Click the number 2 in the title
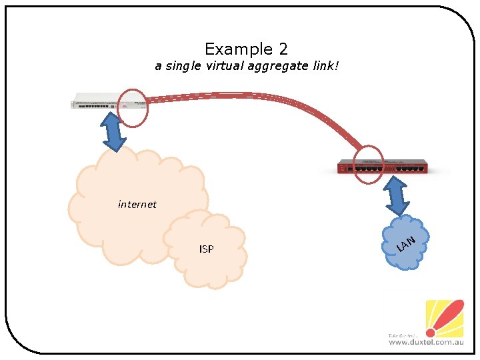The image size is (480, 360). point(283,49)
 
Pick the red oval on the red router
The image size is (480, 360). point(369,164)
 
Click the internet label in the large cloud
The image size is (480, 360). point(137,205)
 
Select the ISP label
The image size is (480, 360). point(207,249)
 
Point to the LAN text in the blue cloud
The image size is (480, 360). point(406,244)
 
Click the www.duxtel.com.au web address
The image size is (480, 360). point(425,342)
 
